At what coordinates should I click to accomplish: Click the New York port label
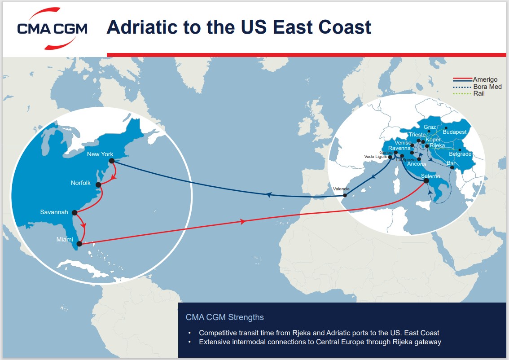point(100,154)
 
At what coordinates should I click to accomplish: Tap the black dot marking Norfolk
point(98,184)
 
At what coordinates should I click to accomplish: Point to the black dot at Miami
point(79,244)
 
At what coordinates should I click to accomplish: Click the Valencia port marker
point(345,195)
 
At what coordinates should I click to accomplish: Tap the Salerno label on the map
point(430,176)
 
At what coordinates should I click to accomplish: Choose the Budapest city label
point(454,132)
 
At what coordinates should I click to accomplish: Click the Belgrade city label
point(460,154)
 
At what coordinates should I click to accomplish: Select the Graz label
point(430,127)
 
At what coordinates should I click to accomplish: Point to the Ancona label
point(416,164)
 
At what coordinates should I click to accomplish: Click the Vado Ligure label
point(375,157)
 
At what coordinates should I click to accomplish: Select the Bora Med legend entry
point(487,87)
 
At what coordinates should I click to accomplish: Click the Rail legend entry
point(479,93)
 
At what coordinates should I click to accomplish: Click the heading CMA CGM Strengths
point(224,317)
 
